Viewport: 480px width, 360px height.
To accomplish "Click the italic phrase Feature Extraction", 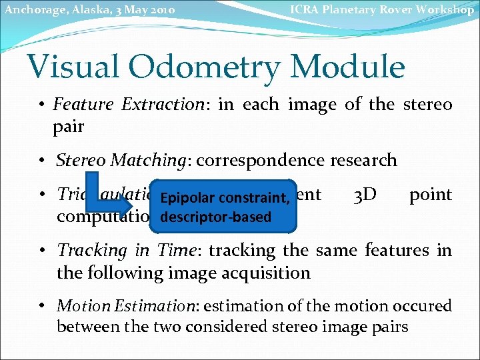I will tap(128, 105).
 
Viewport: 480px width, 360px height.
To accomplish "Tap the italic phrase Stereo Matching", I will tap(123, 160).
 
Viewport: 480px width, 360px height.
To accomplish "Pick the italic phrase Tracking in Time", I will tap(129, 250).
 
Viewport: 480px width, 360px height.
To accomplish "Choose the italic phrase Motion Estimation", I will tap(127, 305).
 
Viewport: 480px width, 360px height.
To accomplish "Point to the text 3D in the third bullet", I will tap(365, 195).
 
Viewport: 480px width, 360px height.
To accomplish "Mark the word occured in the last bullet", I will tap(424, 305).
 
